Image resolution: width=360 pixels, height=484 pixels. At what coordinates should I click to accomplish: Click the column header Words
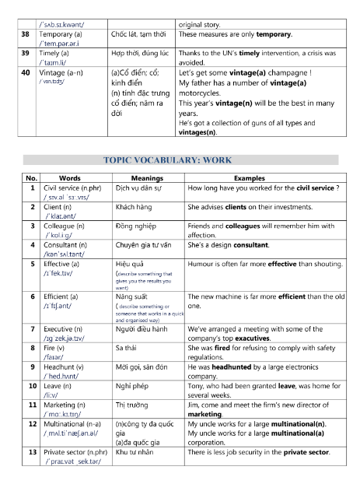[x=69, y=178]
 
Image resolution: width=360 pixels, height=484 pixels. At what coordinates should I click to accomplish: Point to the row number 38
[x=26, y=35]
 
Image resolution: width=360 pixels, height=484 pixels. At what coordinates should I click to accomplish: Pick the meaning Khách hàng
[x=133, y=209]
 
